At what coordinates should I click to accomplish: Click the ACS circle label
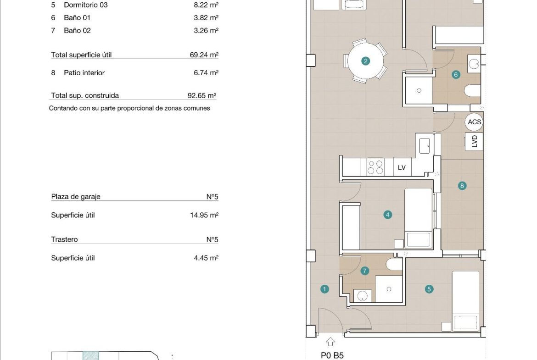(474, 122)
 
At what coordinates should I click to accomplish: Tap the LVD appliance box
(474, 141)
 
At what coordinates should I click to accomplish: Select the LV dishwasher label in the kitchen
(402, 167)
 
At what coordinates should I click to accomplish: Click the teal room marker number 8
(462, 186)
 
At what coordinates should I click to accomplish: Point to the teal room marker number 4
(388, 215)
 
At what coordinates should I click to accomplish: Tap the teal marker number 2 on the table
(365, 61)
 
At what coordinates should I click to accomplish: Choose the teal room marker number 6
(456, 75)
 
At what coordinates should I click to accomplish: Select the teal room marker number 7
(365, 271)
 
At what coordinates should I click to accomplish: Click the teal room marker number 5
(429, 289)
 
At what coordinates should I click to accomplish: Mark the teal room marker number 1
(324, 289)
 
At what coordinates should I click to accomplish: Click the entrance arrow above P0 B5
(330, 342)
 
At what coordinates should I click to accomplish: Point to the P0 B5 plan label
(332, 355)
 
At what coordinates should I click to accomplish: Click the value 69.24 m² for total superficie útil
(204, 55)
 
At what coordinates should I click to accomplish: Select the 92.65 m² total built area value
(202, 95)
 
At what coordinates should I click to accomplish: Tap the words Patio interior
(84, 72)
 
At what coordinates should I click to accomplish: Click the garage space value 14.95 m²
(204, 215)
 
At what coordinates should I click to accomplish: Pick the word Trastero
(64, 239)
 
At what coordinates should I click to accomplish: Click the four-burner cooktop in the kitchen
(375, 167)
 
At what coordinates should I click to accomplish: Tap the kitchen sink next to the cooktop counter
(425, 146)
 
